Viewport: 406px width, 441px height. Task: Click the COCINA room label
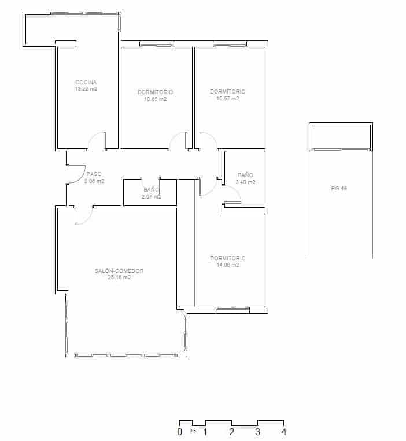pos(86,82)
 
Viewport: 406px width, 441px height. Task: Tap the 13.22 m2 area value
pos(86,89)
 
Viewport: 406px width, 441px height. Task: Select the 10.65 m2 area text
pos(155,99)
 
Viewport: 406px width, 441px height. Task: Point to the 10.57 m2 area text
pos(227,98)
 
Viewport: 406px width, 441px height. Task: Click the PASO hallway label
pos(94,174)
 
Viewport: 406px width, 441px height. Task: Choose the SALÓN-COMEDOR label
pos(119,271)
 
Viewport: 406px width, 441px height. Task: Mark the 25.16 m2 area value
pos(119,278)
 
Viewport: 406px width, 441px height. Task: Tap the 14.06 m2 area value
pos(227,265)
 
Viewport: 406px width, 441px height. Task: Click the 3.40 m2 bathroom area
pos(245,182)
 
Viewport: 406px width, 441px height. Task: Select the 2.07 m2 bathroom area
pos(151,197)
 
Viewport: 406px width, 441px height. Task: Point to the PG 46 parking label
pos(339,188)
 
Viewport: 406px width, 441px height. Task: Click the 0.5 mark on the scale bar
pos(193,431)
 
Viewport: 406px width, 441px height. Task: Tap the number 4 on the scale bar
pos(283,432)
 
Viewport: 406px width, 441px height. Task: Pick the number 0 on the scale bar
pos(180,432)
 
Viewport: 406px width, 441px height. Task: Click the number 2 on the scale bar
pos(232,432)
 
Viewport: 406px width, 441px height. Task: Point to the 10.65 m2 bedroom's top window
pos(156,44)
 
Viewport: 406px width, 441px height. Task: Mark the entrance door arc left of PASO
pos(75,174)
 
